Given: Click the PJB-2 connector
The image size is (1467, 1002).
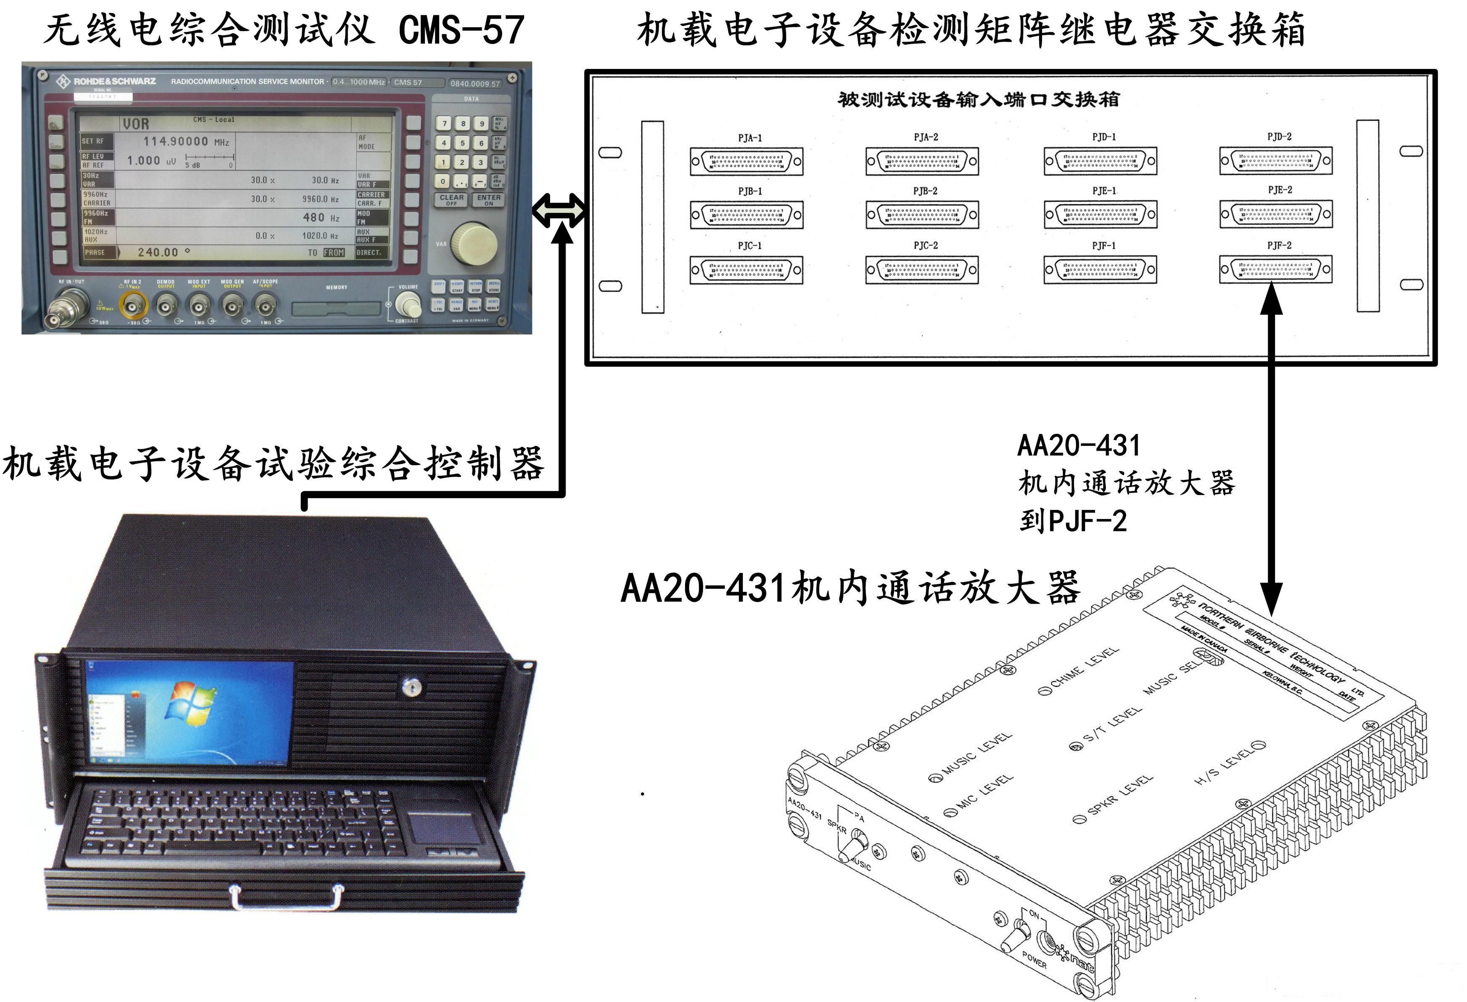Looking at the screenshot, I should point(922,215).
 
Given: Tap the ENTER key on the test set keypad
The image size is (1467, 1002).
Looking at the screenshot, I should point(489,200).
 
